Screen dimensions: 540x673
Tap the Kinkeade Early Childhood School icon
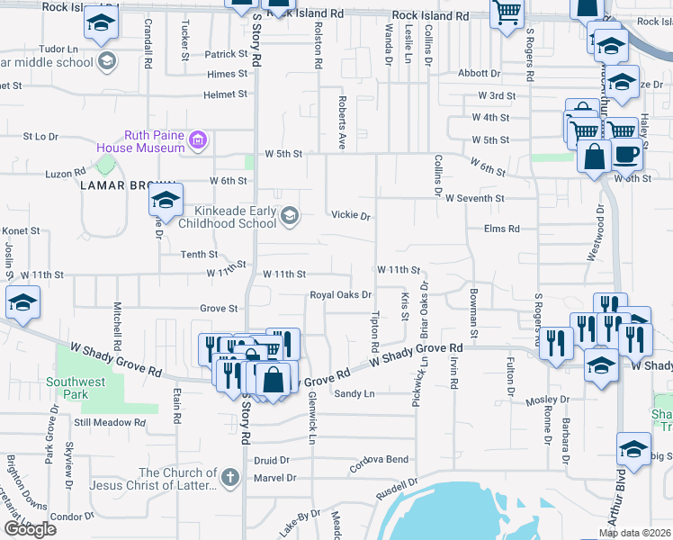tap(290, 214)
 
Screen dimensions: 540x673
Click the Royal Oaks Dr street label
tap(341, 295)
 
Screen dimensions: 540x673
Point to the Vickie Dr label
tap(351, 216)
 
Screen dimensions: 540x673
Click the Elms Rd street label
tap(502, 229)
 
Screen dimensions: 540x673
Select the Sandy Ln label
tap(354, 393)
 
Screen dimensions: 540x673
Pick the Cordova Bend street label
tap(380, 461)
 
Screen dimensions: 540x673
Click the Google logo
tap(29, 529)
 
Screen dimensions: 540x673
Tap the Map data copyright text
tap(634, 533)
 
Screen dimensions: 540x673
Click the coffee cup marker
tap(626, 154)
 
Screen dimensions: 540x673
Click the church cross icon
tap(229, 477)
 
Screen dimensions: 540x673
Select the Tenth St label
tap(199, 255)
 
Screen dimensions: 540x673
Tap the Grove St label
tap(218, 309)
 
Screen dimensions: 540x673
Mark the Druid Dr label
tap(271, 459)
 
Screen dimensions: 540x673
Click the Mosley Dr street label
tap(542, 400)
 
